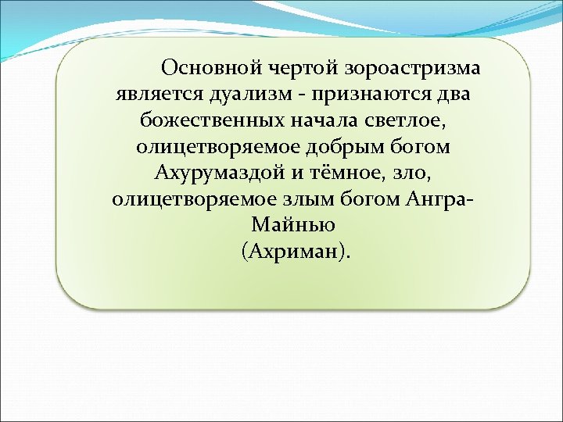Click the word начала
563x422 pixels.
coord(318,121)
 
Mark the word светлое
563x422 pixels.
coord(407,121)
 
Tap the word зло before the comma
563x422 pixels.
coord(416,173)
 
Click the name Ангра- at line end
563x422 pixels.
coord(441,198)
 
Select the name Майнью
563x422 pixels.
coord(294,225)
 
